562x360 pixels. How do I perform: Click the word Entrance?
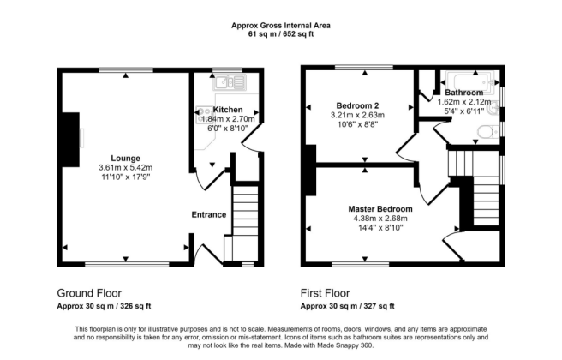(x=208, y=214)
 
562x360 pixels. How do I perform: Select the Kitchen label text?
(x=228, y=110)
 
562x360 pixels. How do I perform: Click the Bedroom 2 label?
(x=360, y=105)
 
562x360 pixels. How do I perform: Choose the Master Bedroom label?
(x=380, y=208)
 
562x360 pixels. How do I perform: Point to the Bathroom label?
(x=463, y=92)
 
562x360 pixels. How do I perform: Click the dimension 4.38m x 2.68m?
(x=380, y=218)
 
